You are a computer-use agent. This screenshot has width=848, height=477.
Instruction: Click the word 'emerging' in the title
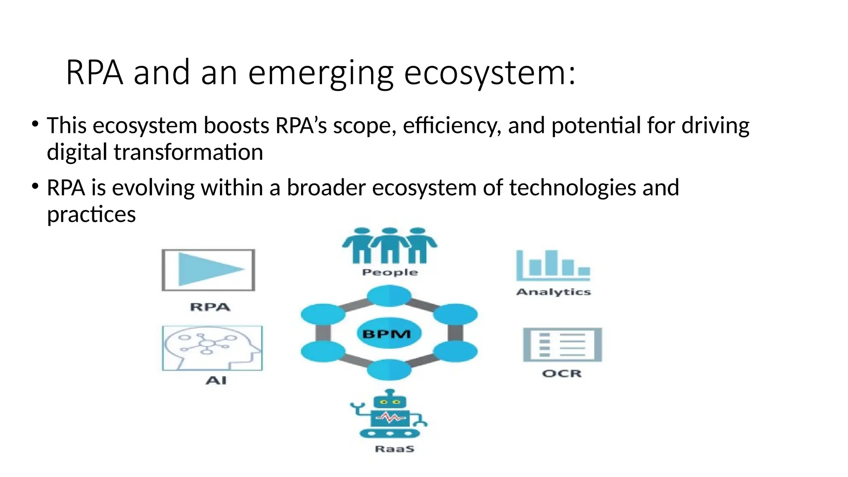pos(320,73)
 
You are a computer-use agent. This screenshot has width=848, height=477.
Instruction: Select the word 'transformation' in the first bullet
pos(188,152)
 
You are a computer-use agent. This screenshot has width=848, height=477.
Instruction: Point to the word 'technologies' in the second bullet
pos(572,188)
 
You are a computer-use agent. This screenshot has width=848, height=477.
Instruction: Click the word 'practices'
pos(91,214)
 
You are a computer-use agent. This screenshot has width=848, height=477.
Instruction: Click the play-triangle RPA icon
pos(208,270)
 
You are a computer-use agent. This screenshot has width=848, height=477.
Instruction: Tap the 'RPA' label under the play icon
pos(210,307)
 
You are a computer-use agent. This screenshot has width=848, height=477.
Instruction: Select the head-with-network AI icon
pos(212,348)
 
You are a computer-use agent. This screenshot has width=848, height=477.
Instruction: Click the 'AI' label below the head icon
pos(216,380)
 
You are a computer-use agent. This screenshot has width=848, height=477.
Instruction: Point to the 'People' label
pos(390,272)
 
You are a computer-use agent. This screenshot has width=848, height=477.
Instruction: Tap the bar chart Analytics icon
pos(553,265)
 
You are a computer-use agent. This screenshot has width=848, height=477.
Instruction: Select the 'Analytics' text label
pos(553,292)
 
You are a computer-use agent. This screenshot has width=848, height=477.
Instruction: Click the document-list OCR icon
pos(562,345)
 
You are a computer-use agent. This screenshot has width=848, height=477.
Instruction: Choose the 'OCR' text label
pos(562,373)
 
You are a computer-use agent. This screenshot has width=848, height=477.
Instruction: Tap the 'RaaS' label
pos(394,449)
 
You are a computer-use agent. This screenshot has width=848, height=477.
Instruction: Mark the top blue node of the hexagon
pos(389,296)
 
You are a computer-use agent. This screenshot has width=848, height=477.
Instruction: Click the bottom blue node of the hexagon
pos(389,370)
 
